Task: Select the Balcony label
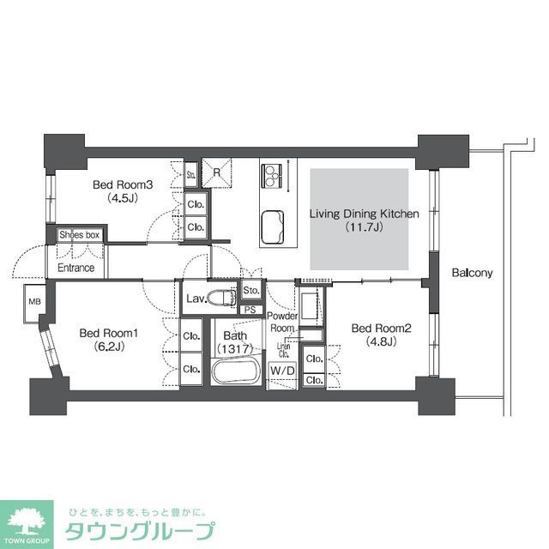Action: click(x=472, y=274)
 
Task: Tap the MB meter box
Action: click(x=35, y=301)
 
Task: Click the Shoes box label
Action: click(x=80, y=234)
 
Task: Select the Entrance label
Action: click(x=75, y=268)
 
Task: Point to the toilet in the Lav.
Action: click(x=225, y=298)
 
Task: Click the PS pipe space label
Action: click(x=251, y=310)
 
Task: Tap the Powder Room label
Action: click(x=284, y=322)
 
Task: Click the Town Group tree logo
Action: click(x=27, y=521)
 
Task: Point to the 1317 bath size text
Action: click(x=235, y=349)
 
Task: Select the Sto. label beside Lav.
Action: click(x=251, y=292)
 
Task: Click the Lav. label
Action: click(x=195, y=299)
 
